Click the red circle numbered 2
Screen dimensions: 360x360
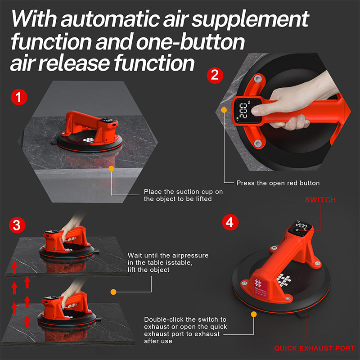coord(215,74)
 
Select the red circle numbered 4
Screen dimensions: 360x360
coord(230,222)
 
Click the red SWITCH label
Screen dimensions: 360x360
coord(320,199)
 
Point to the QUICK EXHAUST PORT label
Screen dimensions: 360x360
coord(315,348)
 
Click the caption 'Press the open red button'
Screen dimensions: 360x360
coord(278,183)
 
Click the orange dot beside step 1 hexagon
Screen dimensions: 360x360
coord(112,169)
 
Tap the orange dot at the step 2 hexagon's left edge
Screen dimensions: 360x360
coord(224,109)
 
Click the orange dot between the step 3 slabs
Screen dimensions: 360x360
coord(113,292)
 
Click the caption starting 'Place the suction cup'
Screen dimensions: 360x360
coord(183,195)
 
